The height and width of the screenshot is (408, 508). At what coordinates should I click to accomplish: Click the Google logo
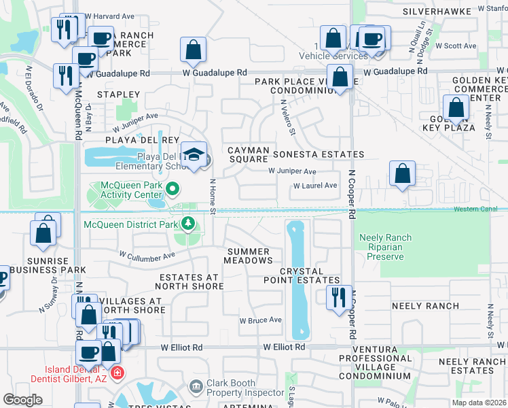click(22, 400)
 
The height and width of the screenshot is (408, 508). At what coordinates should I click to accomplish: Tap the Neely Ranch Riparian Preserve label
click(386, 248)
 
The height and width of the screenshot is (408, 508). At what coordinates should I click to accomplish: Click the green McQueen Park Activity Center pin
click(173, 189)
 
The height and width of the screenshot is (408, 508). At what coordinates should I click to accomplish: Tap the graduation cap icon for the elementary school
click(193, 153)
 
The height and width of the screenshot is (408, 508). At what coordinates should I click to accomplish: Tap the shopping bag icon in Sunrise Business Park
click(43, 233)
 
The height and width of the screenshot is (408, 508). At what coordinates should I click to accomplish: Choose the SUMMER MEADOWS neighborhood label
click(250, 256)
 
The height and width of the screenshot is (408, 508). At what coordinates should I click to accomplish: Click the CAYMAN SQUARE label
click(249, 154)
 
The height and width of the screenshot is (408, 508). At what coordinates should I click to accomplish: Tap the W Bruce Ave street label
click(260, 320)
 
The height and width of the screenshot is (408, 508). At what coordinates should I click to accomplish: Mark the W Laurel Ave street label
click(315, 186)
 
